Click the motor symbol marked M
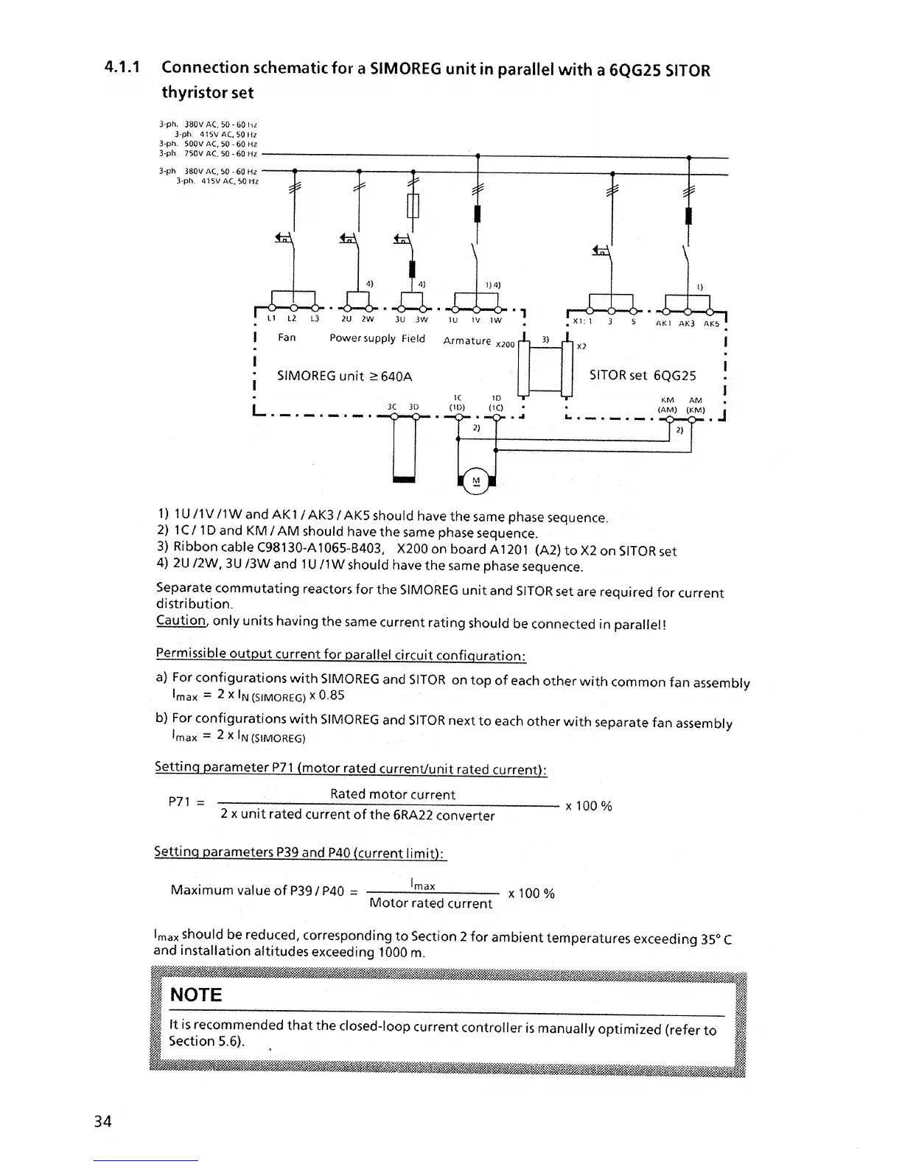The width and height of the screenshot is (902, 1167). [x=475, y=482]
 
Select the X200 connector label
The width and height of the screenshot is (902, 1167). [x=505, y=344]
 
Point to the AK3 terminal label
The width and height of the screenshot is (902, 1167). [x=688, y=323]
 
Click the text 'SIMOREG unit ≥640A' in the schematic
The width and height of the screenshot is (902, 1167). [x=344, y=376]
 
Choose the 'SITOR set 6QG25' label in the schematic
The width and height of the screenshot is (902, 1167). [x=643, y=375]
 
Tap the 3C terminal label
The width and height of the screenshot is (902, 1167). [x=392, y=406]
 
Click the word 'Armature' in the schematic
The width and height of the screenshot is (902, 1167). [x=467, y=340]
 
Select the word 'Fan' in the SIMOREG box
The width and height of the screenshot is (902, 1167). [x=287, y=337]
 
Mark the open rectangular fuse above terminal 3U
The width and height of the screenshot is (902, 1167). [x=413, y=206]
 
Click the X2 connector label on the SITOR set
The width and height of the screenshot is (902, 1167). [x=581, y=346]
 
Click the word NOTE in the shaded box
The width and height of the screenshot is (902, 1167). [x=195, y=995]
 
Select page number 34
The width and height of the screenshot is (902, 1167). [x=102, y=1121]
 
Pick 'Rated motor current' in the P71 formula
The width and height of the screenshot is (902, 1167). [x=393, y=794]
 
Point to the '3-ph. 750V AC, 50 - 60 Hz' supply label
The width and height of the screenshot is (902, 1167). [x=208, y=153]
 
